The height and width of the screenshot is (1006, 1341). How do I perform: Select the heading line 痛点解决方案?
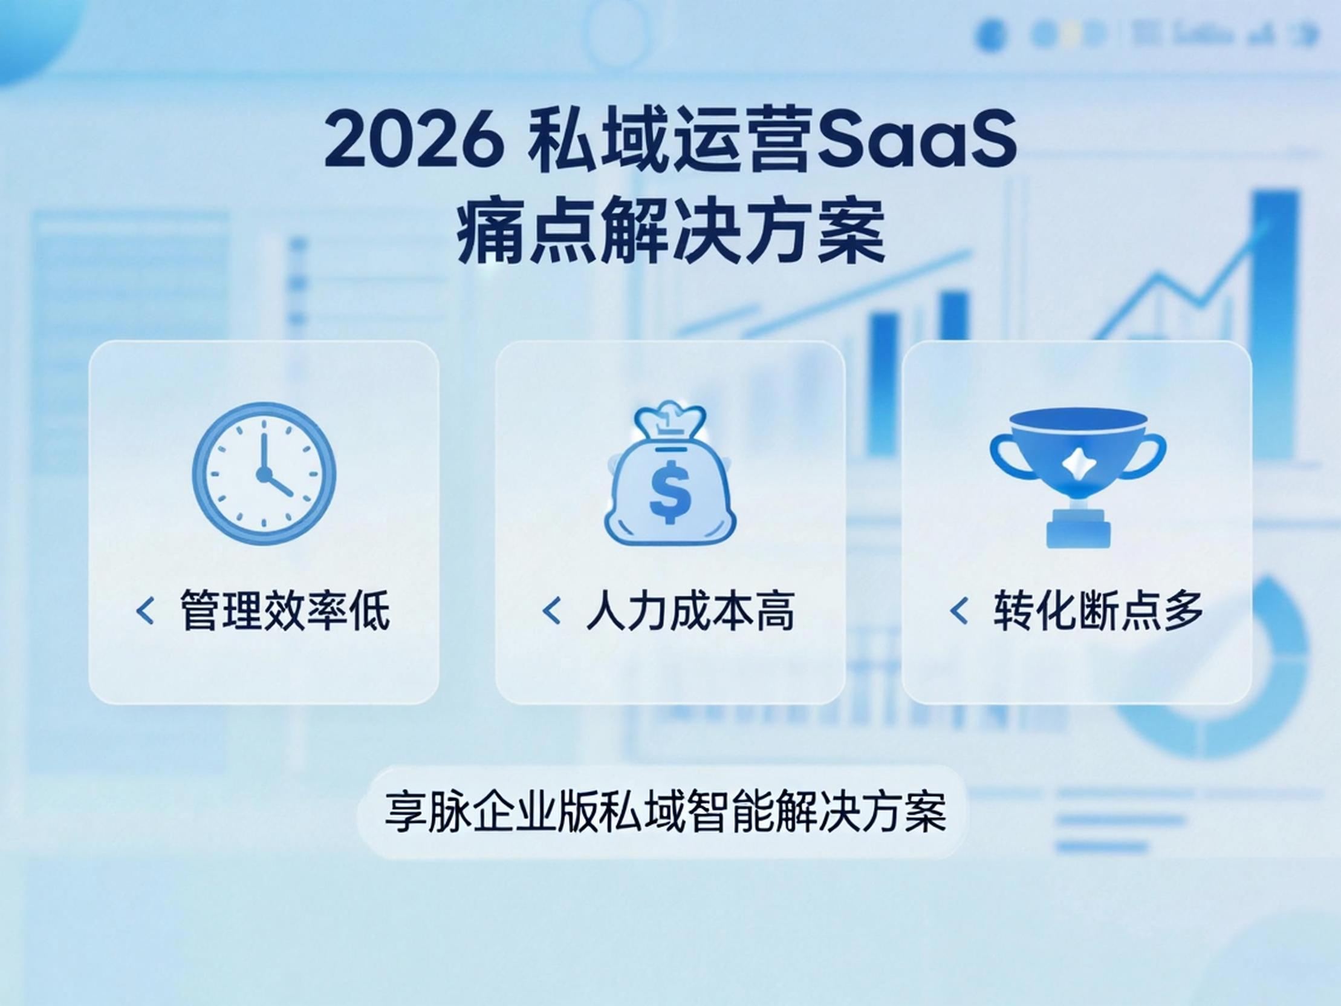pyautogui.click(x=670, y=234)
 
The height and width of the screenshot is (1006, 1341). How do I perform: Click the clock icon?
pyautogui.click(x=264, y=474)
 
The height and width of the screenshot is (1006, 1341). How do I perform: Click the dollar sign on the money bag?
pyautogui.click(x=669, y=491)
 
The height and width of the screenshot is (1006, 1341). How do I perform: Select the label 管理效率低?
pyautogui.click(x=285, y=610)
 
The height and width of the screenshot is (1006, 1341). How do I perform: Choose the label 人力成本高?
pyautogui.click(x=690, y=610)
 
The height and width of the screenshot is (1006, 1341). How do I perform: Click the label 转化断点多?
pyautogui.click(x=1098, y=610)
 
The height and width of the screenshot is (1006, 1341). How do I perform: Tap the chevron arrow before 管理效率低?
pyautogui.click(x=145, y=610)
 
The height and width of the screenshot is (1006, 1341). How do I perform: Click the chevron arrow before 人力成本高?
pyautogui.click(x=551, y=610)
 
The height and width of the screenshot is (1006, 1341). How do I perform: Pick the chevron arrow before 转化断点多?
pyautogui.click(x=958, y=610)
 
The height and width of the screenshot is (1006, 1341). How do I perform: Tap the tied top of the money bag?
pyautogui.click(x=669, y=421)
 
